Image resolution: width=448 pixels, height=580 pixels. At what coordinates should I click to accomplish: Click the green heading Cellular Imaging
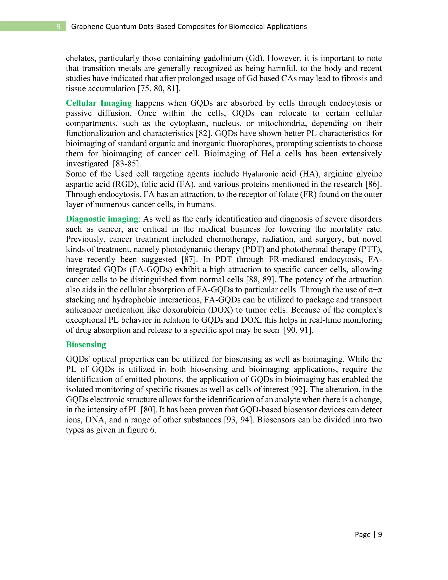98,103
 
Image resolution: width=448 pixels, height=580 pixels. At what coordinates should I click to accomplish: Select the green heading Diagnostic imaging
102,219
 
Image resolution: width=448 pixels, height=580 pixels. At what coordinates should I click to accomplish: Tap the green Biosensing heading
86,344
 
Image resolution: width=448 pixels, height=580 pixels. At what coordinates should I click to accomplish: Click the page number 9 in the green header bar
58,26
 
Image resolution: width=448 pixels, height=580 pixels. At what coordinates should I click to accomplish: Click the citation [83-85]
127,163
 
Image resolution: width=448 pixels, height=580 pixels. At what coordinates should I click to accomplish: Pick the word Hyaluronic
260,174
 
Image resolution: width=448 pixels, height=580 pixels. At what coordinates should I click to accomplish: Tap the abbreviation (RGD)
124,184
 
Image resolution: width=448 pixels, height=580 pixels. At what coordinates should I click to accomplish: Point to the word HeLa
271,153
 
